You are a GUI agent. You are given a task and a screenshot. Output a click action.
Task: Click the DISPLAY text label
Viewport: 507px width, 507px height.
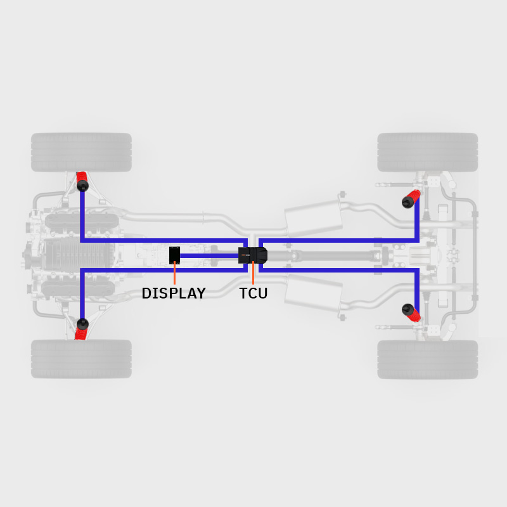tap(174, 293)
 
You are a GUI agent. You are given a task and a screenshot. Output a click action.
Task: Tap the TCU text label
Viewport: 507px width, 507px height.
tap(253, 293)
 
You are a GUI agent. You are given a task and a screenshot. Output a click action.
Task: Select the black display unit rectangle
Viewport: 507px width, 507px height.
tap(175, 255)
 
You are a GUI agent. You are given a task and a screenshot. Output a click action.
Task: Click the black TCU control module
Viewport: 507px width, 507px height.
tap(253, 255)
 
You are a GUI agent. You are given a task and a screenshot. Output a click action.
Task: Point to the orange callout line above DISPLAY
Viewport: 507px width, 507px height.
tap(175, 273)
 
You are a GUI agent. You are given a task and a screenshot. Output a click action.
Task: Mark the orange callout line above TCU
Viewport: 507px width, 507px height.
tap(253, 273)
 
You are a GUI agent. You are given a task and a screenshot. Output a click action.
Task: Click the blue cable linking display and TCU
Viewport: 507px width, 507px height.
tap(209, 256)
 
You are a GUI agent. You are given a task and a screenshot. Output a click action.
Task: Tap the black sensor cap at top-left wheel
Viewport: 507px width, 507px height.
tap(83, 186)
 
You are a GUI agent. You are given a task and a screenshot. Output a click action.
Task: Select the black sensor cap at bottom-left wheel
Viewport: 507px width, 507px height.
tap(83, 324)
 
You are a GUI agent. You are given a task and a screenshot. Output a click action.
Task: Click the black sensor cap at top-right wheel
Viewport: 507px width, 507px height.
tap(408, 202)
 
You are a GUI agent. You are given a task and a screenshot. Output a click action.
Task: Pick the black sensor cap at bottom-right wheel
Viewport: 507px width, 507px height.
tap(408, 309)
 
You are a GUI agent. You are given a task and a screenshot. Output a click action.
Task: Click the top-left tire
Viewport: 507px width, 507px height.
tap(81, 152)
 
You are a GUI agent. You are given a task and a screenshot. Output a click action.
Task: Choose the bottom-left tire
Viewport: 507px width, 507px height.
tap(81, 359)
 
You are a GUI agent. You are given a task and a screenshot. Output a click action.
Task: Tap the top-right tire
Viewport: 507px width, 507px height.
tap(427, 152)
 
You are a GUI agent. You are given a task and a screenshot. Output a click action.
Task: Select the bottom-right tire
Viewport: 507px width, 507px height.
tap(427, 359)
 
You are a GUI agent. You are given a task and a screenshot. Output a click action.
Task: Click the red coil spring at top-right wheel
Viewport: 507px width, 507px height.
tap(414, 196)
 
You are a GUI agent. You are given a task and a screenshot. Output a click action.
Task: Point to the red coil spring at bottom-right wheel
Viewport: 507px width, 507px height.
tap(414, 315)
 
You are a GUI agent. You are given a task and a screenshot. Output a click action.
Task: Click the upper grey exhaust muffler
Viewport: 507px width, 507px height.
tap(313, 218)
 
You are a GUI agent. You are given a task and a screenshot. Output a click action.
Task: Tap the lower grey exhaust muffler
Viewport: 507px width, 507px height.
tap(313, 293)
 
